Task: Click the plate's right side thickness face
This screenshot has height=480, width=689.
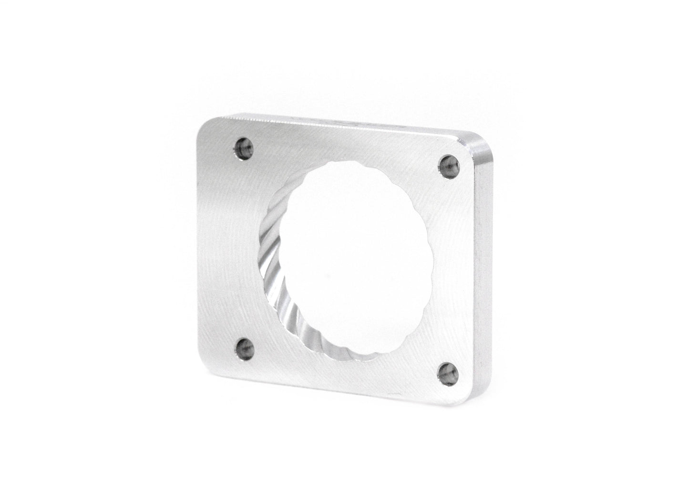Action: pos(484,267)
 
